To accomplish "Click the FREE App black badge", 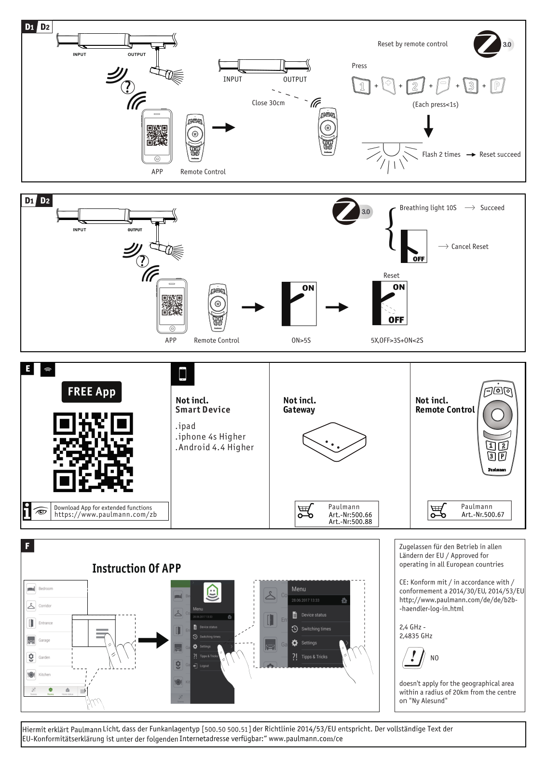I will [91, 392].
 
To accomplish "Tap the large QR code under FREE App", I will [93, 452].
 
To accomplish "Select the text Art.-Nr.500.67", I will [482, 515].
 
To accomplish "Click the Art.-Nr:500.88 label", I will [350, 522].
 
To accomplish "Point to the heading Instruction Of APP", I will [136, 568].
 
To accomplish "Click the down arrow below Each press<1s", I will [428, 126].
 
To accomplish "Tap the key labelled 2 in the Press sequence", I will [415, 86].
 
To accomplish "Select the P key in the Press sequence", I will [497, 86].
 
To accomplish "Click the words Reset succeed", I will [500, 154].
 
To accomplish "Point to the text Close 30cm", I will [268, 103].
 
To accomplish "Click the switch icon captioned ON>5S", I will [299, 304].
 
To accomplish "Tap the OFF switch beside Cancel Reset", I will [414, 247].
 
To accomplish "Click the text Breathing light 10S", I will [428, 208].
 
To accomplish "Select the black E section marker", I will [27, 369].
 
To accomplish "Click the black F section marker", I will [27, 546].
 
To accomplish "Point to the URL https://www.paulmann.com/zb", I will [105, 515].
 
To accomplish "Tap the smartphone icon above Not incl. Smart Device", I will [183, 374].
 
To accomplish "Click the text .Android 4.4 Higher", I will [215, 447].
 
